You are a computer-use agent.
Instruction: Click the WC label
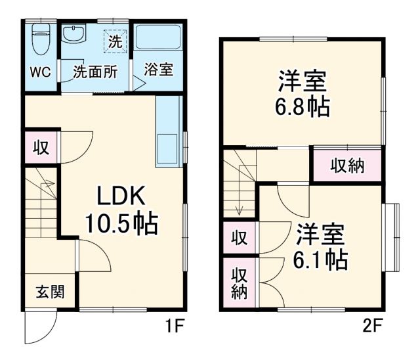[x=41, y=71]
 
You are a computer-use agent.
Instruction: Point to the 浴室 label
[x=159, y=70]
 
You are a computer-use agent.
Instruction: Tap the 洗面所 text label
[x=95, y=71]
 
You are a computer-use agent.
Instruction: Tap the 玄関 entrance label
[x=50, y=291]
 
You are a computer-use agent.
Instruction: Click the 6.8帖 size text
[x=303, y=105]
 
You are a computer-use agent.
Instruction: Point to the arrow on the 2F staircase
[x=240, y=209]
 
